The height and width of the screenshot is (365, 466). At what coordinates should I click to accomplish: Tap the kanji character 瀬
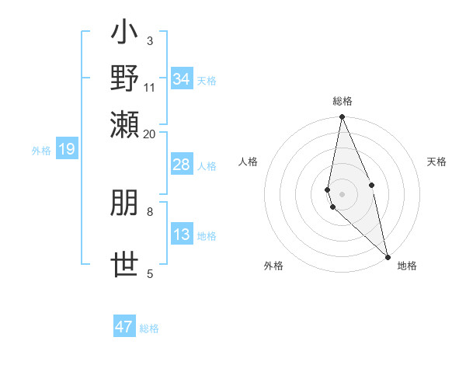(x=125, y=123)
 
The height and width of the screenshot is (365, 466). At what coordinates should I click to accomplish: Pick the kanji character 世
(x=125, y=265)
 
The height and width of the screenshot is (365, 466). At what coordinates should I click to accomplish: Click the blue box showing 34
(x=182, y=79)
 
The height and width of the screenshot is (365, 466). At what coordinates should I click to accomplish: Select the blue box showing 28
(x=182, y=165)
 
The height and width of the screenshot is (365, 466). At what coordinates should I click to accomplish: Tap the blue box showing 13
(x=182, y=235)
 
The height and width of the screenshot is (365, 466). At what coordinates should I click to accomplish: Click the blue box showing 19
(x=67, y=149)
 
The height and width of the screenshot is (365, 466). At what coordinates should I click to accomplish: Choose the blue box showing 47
(x=124, y=327)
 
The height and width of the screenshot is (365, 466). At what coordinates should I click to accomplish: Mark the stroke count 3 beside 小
(x=150, y=40)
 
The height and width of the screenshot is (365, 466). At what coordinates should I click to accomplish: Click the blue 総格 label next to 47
(x=149, y=328)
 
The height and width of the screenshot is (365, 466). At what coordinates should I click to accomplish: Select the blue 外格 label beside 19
(x=40, y=151)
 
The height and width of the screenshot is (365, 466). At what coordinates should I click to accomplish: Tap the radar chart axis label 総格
(x=343, y=101)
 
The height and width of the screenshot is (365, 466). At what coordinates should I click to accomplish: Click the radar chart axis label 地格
(x=407, y=266)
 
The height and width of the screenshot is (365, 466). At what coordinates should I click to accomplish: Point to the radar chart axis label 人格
(x=248, y=162)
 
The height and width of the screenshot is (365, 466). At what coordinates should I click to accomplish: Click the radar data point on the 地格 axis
(x=388, y=256)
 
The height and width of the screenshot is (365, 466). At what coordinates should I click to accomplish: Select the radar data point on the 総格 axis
(x=343, y=117)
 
